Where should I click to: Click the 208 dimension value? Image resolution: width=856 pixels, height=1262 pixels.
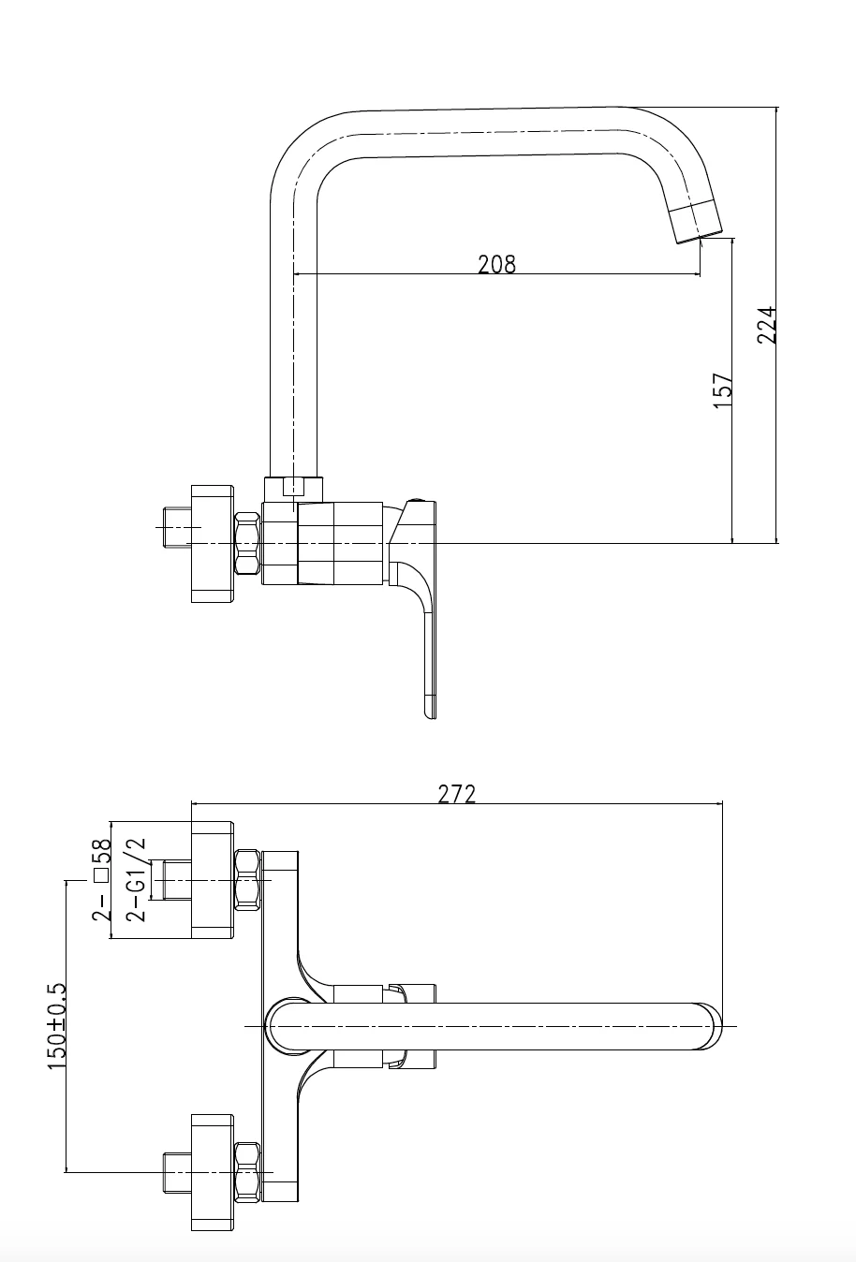(496, 264)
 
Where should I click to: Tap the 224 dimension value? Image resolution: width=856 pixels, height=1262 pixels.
(766, 325)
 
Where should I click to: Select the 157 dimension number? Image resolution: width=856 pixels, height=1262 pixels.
(723, 390)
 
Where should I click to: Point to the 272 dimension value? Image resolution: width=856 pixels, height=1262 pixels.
(456, 794)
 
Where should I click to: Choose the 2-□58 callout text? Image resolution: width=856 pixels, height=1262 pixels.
(102, 879)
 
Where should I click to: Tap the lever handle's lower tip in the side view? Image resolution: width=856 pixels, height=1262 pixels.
(431, 715)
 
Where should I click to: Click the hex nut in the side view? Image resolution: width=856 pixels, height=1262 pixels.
(247, 543)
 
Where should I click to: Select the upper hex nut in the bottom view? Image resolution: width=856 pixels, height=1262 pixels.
(247, 880)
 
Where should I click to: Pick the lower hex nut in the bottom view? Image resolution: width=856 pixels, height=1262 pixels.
(247, 1172)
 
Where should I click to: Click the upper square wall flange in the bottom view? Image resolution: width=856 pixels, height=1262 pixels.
(213, 880)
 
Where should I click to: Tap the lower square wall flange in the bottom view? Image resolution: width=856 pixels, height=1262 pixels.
(213, 1172)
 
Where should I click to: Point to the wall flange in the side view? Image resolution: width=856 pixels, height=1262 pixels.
(213, 544)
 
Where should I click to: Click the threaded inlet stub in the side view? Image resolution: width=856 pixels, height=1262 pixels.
(178, 527)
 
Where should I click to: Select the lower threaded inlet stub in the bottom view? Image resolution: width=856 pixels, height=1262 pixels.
(178, 1172)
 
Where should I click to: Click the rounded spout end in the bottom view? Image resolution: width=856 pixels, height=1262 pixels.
(711, 1026)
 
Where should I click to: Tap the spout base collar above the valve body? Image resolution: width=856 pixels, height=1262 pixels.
(293, 489)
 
